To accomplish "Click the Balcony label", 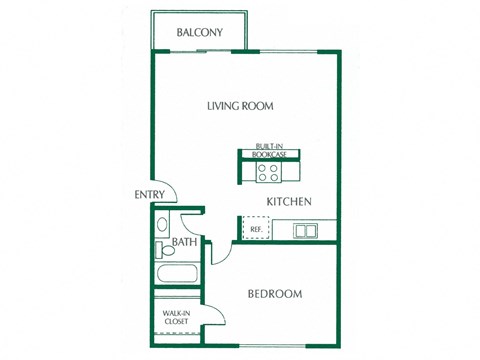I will point(199,32).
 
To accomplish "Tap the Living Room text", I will point(240,106).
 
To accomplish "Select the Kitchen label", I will point(289,202).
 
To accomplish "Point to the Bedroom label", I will point(275,294).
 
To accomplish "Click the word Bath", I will point(184,242).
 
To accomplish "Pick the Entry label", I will point(149,195).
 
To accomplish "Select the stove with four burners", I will point(268,171).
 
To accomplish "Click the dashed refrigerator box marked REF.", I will point(256,230).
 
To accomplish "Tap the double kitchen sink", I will point(305,231).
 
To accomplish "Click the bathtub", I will point(179,276).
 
